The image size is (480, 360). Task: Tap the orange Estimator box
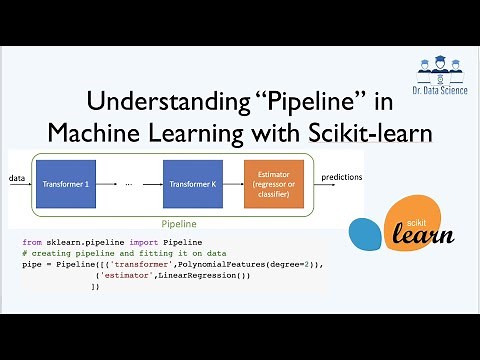point(272,184)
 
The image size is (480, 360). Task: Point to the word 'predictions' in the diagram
point(342,177)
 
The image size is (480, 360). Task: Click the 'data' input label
point(17,178)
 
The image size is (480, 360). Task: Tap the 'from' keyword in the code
point(31,243)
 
